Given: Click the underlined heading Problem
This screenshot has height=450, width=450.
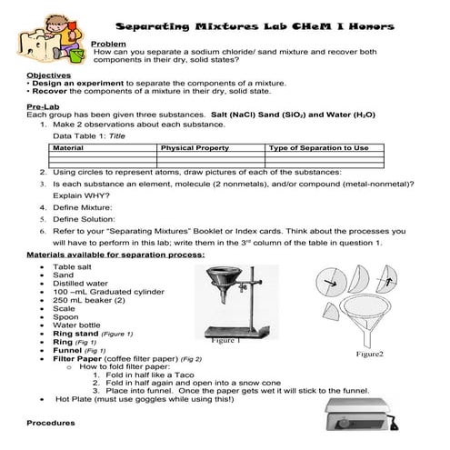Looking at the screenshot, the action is (108, 44).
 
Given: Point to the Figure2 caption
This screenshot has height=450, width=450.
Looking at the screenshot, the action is (369, 353).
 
